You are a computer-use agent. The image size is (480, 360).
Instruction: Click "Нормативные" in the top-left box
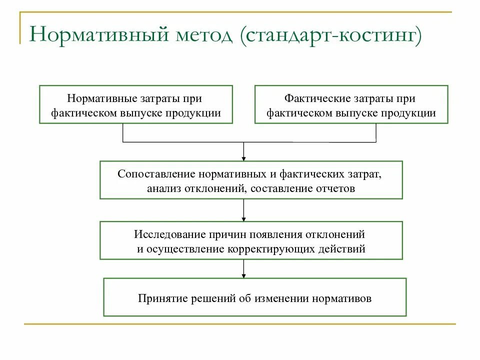click(x=99, y=99)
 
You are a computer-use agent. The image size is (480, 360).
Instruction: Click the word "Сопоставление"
click(x=157, y=175)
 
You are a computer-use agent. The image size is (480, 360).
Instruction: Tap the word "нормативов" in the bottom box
click(x=343, y=299)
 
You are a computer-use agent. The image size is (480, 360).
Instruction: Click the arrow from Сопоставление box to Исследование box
click(x=243, y=210)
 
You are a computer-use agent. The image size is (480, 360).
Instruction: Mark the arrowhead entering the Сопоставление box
click(x=243, y=157)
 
